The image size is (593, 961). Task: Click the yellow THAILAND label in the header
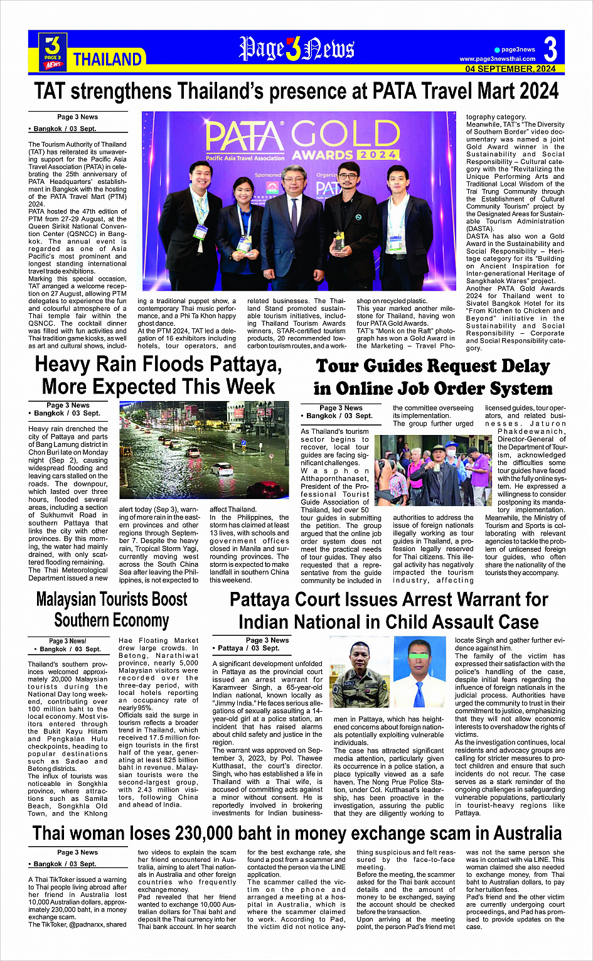pos(107,60)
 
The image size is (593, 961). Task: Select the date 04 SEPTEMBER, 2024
pos(510,69)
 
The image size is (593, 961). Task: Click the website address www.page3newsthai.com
pos(498,59)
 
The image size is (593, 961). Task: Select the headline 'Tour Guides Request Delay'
pos(433,366)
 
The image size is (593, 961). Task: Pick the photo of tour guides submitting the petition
pos(433,471)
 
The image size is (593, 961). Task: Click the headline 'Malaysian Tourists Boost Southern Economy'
pos(111,609)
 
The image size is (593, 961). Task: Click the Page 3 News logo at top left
pos(53,51)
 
